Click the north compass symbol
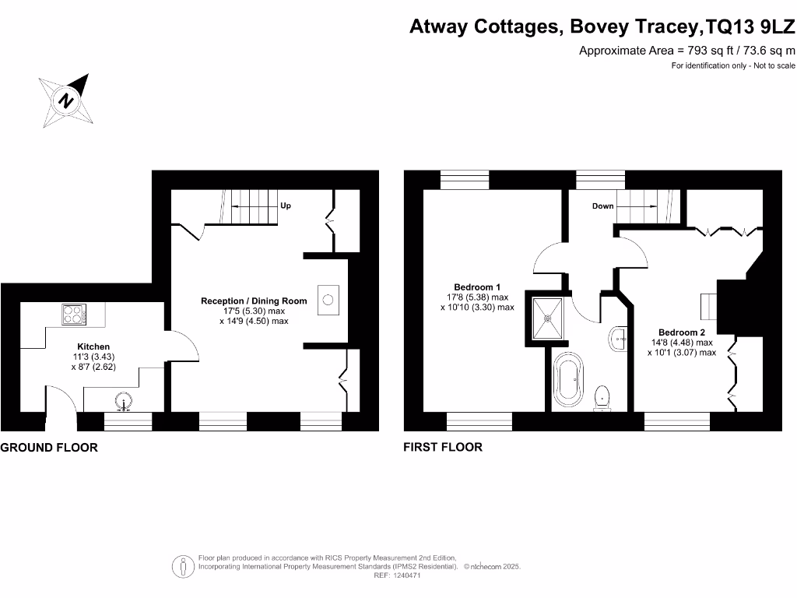tap(66, 101)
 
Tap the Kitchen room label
tap(93, 346)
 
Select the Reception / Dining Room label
tap(254, 301)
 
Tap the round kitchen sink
tap(122, 403)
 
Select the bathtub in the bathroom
tap(567, 382)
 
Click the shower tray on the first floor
tap(550, 318)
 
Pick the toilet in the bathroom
tap(602, 397)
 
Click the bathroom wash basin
tap(619, 338)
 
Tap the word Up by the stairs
tap(286, 206)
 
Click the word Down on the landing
tap(603, 206)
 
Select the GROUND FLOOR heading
tap(49, 448)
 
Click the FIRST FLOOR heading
tap(443, 447)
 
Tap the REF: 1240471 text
tap(398, 575)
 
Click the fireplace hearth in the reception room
tap(328, 299)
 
